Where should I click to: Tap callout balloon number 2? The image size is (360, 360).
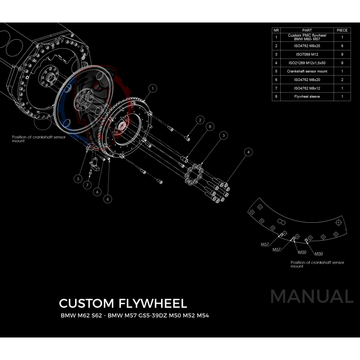tap(200, 120)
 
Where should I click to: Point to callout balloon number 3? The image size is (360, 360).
tap(223, 135)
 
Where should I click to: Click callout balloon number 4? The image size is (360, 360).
tap(247, 153)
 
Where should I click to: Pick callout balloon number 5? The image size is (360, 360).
tap(78, 179)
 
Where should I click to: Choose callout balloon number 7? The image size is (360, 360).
tap(88, 185)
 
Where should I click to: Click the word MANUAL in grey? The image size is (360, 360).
tap(311, 297)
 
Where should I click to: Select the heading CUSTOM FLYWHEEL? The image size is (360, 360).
tap(123, 303)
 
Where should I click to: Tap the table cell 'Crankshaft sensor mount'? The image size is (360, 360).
tap(307, 71)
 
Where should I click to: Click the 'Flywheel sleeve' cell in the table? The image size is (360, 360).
tap(307, 96)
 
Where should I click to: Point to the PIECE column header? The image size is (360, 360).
tap(342, 31)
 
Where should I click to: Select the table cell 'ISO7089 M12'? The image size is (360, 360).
tap(307, 54)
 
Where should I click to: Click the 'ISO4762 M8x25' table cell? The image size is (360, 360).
tap(307, 45)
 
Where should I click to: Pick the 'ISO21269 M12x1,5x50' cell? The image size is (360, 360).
tap(307, 63)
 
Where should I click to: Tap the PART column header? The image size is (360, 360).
tap(307, 31)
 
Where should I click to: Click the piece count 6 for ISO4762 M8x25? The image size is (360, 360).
tap(342, 45)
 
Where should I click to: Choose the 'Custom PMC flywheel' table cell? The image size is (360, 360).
tap(307, 37)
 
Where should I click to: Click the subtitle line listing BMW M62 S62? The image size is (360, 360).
tap(135, 315)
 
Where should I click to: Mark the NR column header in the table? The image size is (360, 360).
tap(276, 31)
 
